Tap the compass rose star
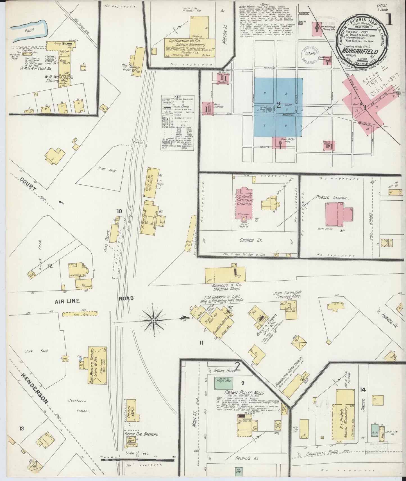coord(153,320)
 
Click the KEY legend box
coord(178,123)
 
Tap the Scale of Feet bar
coord(138,460)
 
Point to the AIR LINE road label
coord(67,301)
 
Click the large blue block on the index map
coord(278,107)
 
